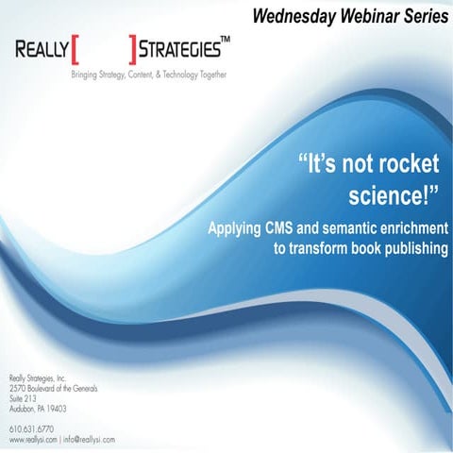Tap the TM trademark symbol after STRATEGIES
click(x=226, y=42)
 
